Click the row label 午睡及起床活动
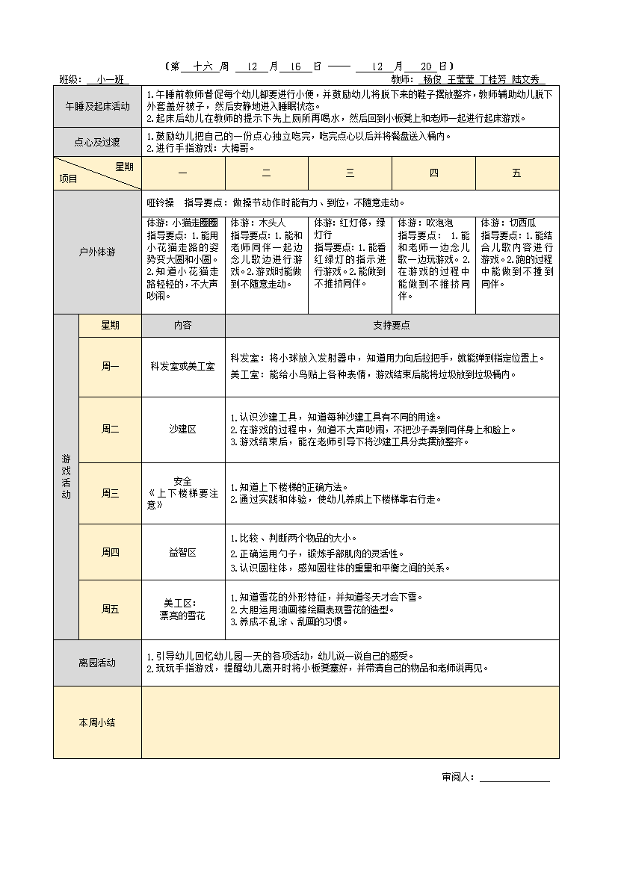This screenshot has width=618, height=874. tap(97, 106)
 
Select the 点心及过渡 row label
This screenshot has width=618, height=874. tap(97, 141)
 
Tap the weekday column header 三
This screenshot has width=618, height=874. tap(350, 173)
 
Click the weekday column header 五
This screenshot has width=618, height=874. tap(517, 173)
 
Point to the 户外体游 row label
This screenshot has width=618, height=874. tap(97, 252)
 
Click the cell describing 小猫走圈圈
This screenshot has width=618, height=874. tap(183, 258)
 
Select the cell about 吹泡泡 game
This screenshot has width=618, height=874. tap(433, 258)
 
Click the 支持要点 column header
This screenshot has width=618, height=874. tap(392, 326)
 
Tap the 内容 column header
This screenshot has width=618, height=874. tap(183, 326)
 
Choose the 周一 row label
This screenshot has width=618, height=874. tap(110, 367)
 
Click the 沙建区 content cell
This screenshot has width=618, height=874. tap(183, 430)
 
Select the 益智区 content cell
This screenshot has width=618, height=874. tap(183, 553)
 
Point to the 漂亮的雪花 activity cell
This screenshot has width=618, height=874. tap(183, 610)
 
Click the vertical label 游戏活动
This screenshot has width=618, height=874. tap(66, 477)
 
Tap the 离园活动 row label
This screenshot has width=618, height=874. tap(97, 663)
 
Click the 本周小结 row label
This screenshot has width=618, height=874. tap(97, 722)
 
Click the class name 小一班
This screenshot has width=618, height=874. tap(108, 79)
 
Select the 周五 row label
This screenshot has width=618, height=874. tap(110, 610)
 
